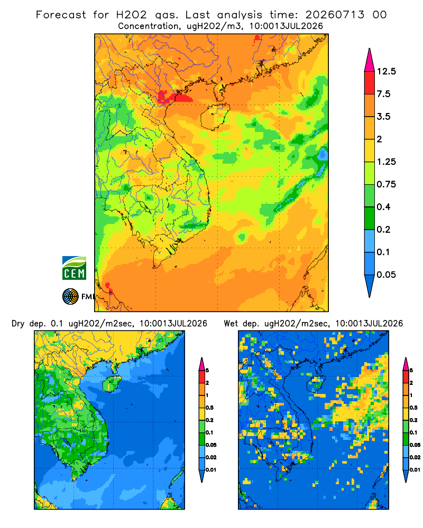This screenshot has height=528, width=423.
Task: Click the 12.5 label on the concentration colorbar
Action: click(x=386, y=71)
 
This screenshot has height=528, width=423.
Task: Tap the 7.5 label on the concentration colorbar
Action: click(x=383, y=94)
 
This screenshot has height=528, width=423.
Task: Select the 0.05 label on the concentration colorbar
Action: click(x=386, y=275)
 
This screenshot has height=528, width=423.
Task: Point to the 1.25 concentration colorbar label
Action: click(x=386, y=162)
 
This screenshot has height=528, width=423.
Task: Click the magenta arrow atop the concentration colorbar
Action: click(x=370, y=61)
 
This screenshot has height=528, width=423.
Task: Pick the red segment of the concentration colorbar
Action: click(x=370, y=83)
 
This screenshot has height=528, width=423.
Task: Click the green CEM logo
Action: click(x=74, y=268)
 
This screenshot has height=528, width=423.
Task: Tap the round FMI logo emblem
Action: click(x=70, y=296)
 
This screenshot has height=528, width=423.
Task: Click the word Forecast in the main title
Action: click(x=61, y=15)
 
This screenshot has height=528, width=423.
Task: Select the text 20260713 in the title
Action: click(x=335, y=15)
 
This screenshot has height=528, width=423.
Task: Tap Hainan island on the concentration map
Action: click(x=215, y=117)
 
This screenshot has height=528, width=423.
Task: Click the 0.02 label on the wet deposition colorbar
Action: click(x=415, y=457)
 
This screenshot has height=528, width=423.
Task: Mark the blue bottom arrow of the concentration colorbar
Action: click(x=370, y=286)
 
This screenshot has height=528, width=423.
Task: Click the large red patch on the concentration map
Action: click(x=176, y=97)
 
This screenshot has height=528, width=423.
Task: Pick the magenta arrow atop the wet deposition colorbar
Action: click(x=406, y=364)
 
